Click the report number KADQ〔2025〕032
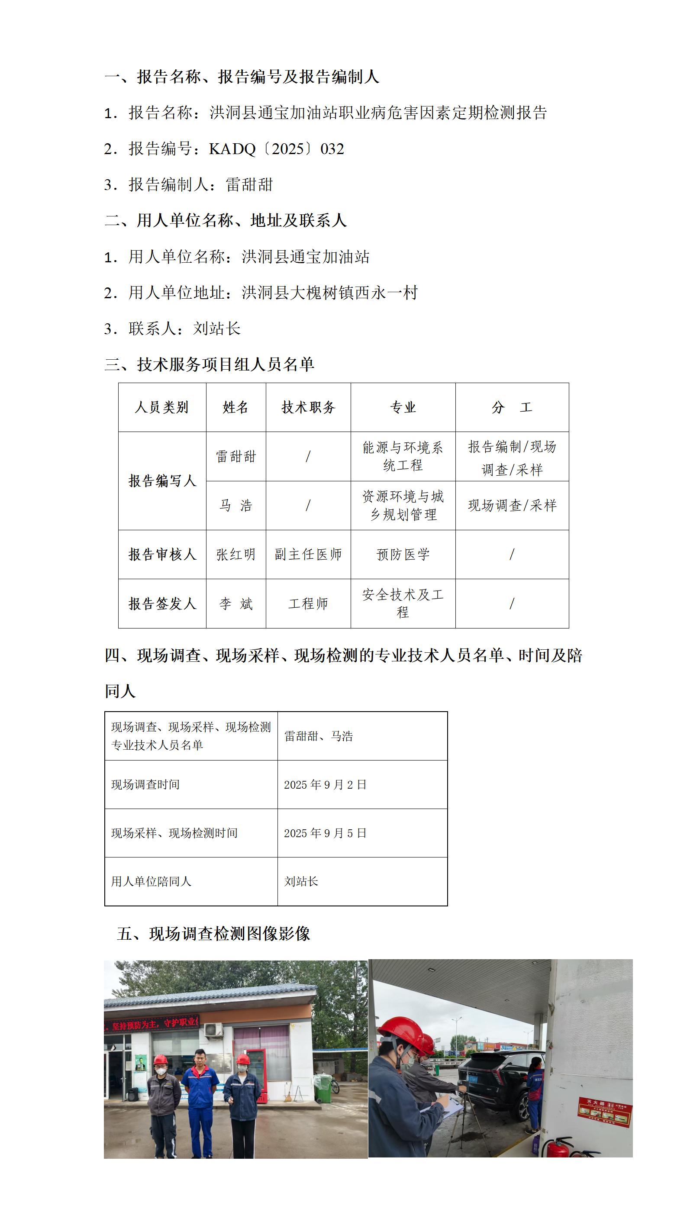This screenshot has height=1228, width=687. coord(276,149)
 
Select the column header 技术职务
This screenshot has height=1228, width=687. coord(308,407)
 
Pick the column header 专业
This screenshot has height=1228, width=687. coord(403,407)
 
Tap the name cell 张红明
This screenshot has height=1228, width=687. coord(235,554)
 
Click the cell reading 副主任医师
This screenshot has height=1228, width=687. coord(308,554)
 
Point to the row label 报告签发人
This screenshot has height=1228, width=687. coord(162,603)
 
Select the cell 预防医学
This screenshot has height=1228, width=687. coord(403,554)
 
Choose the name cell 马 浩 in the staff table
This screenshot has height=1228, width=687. coord(235,505)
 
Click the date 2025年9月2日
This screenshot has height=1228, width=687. coord(325,785)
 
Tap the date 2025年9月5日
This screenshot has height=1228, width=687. coord(325,833)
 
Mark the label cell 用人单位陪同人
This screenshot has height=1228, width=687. coord(151,881)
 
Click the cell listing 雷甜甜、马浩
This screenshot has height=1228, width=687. coord(319,736)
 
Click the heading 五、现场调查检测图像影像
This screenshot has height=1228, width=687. coord(213,933)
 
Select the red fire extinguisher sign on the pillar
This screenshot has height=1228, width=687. coord(604,1113)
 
